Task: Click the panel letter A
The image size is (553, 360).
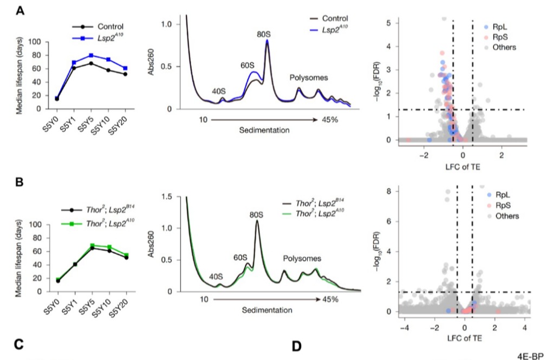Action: pos(20,11)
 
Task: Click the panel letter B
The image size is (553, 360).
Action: pos(19,182)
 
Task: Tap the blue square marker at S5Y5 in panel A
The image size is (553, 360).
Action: pos(91,55)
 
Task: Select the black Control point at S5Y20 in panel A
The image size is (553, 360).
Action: pos(125,74)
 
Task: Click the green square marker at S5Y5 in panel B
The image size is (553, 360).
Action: pos(93,245)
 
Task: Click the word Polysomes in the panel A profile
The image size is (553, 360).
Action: pos(309,77)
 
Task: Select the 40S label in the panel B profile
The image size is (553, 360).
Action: pos(216,277)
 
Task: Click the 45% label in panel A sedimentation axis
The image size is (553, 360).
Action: pos(330,120)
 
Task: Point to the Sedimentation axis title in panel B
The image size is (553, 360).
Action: pos(267,310)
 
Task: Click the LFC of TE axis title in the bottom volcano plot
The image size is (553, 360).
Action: pos(465,338)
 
